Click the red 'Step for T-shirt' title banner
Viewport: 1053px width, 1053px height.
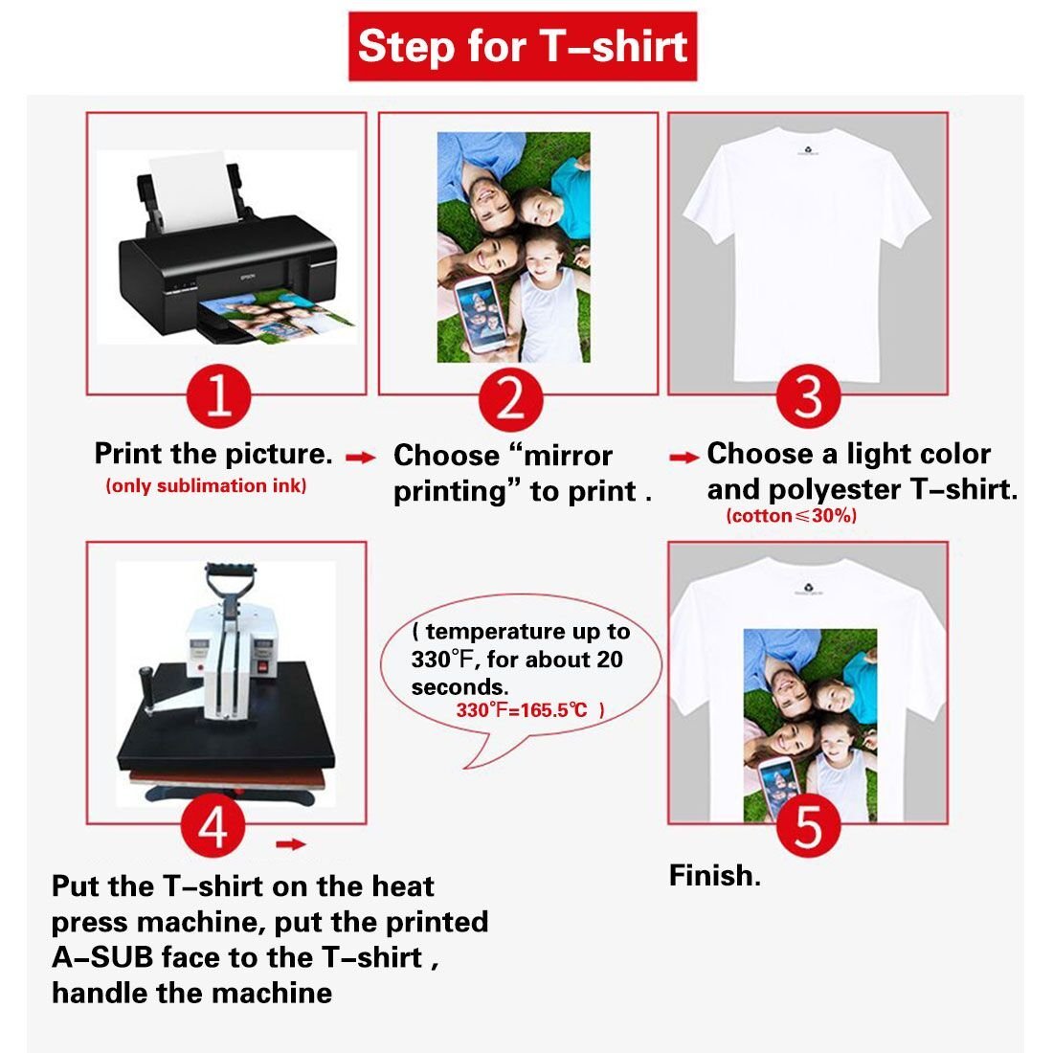(x=523, y=46)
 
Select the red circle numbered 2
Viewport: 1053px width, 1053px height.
(x=510, y=399)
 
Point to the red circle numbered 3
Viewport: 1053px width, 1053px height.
(x=808, y=396)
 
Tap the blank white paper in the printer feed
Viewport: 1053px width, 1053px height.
(x=192, y=191)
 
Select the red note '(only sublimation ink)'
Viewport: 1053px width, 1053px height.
(x=206, y=485)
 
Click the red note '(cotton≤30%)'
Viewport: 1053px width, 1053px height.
(x=791, y=516)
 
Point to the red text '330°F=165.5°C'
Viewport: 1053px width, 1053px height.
(x=522, y=710)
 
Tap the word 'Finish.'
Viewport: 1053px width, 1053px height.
(x=715, y=876)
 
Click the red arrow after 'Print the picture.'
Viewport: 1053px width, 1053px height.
(x=361, y=458)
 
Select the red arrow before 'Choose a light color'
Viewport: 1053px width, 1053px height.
(x=684, y=458)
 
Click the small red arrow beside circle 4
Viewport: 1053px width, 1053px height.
(x=291, y=844)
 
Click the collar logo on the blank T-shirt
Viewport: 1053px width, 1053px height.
(x=808, y=150)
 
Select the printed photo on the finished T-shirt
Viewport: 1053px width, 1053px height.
(x=810, y=726)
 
